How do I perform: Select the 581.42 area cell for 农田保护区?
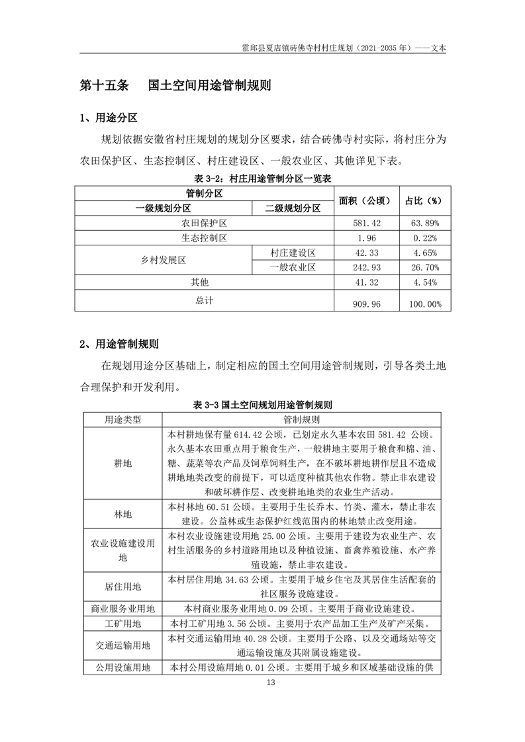(366, 223)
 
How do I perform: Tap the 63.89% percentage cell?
(424, 223)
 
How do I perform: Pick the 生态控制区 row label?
(205, 238)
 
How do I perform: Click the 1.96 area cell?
(366, 238)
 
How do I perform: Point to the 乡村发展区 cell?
(164, 261)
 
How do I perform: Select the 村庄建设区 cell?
(293, 253)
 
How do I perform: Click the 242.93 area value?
(366, 268)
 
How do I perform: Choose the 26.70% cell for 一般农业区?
(424, 268)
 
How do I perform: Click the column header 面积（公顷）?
(366, 200)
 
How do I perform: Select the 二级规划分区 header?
(293, 208)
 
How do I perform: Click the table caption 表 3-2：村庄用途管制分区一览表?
(263, 179)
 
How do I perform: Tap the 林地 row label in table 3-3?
(123, 514)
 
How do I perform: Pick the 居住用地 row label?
(123, 586)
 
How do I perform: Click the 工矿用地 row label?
(123, 623)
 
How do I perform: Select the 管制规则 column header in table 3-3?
(301, 419)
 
